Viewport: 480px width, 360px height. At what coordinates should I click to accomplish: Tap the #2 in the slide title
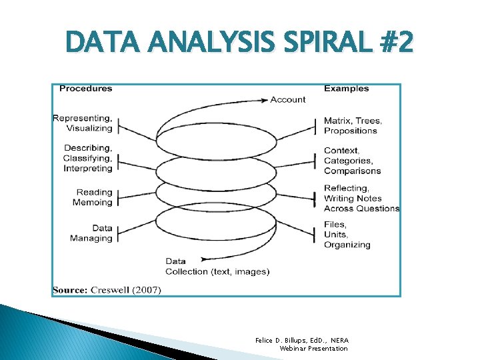point(395,45)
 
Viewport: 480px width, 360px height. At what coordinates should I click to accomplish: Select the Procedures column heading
point(86,88)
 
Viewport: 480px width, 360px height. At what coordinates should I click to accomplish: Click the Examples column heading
point(346,88)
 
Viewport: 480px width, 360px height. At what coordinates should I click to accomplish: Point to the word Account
point(288,99)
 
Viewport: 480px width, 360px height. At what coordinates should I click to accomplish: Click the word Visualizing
point(89,128)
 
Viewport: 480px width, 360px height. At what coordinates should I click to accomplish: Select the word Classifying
point(87,158)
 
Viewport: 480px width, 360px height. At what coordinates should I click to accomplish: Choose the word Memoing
point(93,202)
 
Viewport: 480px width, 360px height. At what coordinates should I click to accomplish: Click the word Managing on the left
point(91,238)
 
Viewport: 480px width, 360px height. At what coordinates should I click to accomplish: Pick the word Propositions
point(350,131)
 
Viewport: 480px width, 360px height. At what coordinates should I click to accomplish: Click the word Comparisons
point(352,171)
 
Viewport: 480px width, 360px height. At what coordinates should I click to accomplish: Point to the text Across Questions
point(361,208)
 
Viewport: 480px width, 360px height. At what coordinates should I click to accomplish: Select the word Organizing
point(347,245)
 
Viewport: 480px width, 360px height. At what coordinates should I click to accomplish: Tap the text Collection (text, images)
point(217,271)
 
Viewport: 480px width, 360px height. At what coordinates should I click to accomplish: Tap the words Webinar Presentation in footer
point(313,348)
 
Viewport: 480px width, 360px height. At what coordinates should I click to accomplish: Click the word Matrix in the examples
point(337,121)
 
